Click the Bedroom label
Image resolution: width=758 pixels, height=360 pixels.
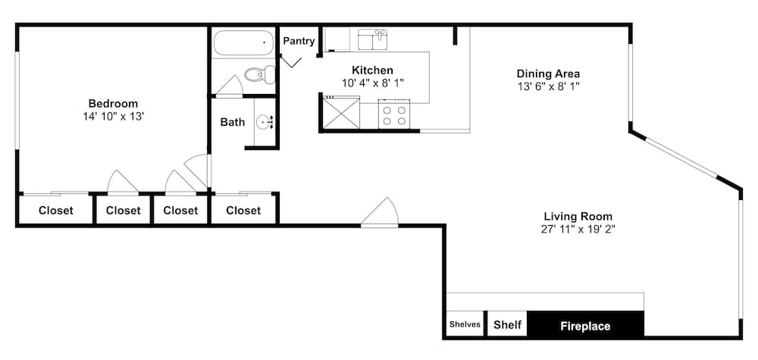(x=113, y=103)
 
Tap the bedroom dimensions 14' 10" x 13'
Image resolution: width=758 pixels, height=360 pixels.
(x=113, y=117)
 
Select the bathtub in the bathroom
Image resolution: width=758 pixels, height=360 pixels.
(x=243, y=43)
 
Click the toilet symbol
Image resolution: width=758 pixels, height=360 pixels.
(x=260, y=75)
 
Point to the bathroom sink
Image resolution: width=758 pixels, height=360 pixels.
(x=265, y=122)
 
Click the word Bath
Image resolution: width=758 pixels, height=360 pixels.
(x=233, y=122)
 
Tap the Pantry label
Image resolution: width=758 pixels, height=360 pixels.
(x=299, y=41)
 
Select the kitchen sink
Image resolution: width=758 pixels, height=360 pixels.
(x=373, y=39)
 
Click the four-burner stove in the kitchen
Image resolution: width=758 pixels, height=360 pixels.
(x=394, y=114)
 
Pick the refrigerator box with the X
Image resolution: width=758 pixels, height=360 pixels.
(x=341, y=113)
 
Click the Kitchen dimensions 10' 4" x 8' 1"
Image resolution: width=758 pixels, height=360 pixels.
(x=372, y=83)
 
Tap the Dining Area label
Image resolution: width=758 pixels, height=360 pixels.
(x=548, y=74)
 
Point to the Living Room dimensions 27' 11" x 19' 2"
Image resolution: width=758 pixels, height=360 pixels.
(x=578, y=229)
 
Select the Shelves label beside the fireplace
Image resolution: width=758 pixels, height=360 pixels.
(x=465, y=324)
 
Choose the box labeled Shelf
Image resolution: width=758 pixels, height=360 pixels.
(x=507, y=324)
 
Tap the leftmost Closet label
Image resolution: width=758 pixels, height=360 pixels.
(x=56, y=211)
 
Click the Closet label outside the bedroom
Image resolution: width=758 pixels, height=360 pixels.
(x=243, y=211)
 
